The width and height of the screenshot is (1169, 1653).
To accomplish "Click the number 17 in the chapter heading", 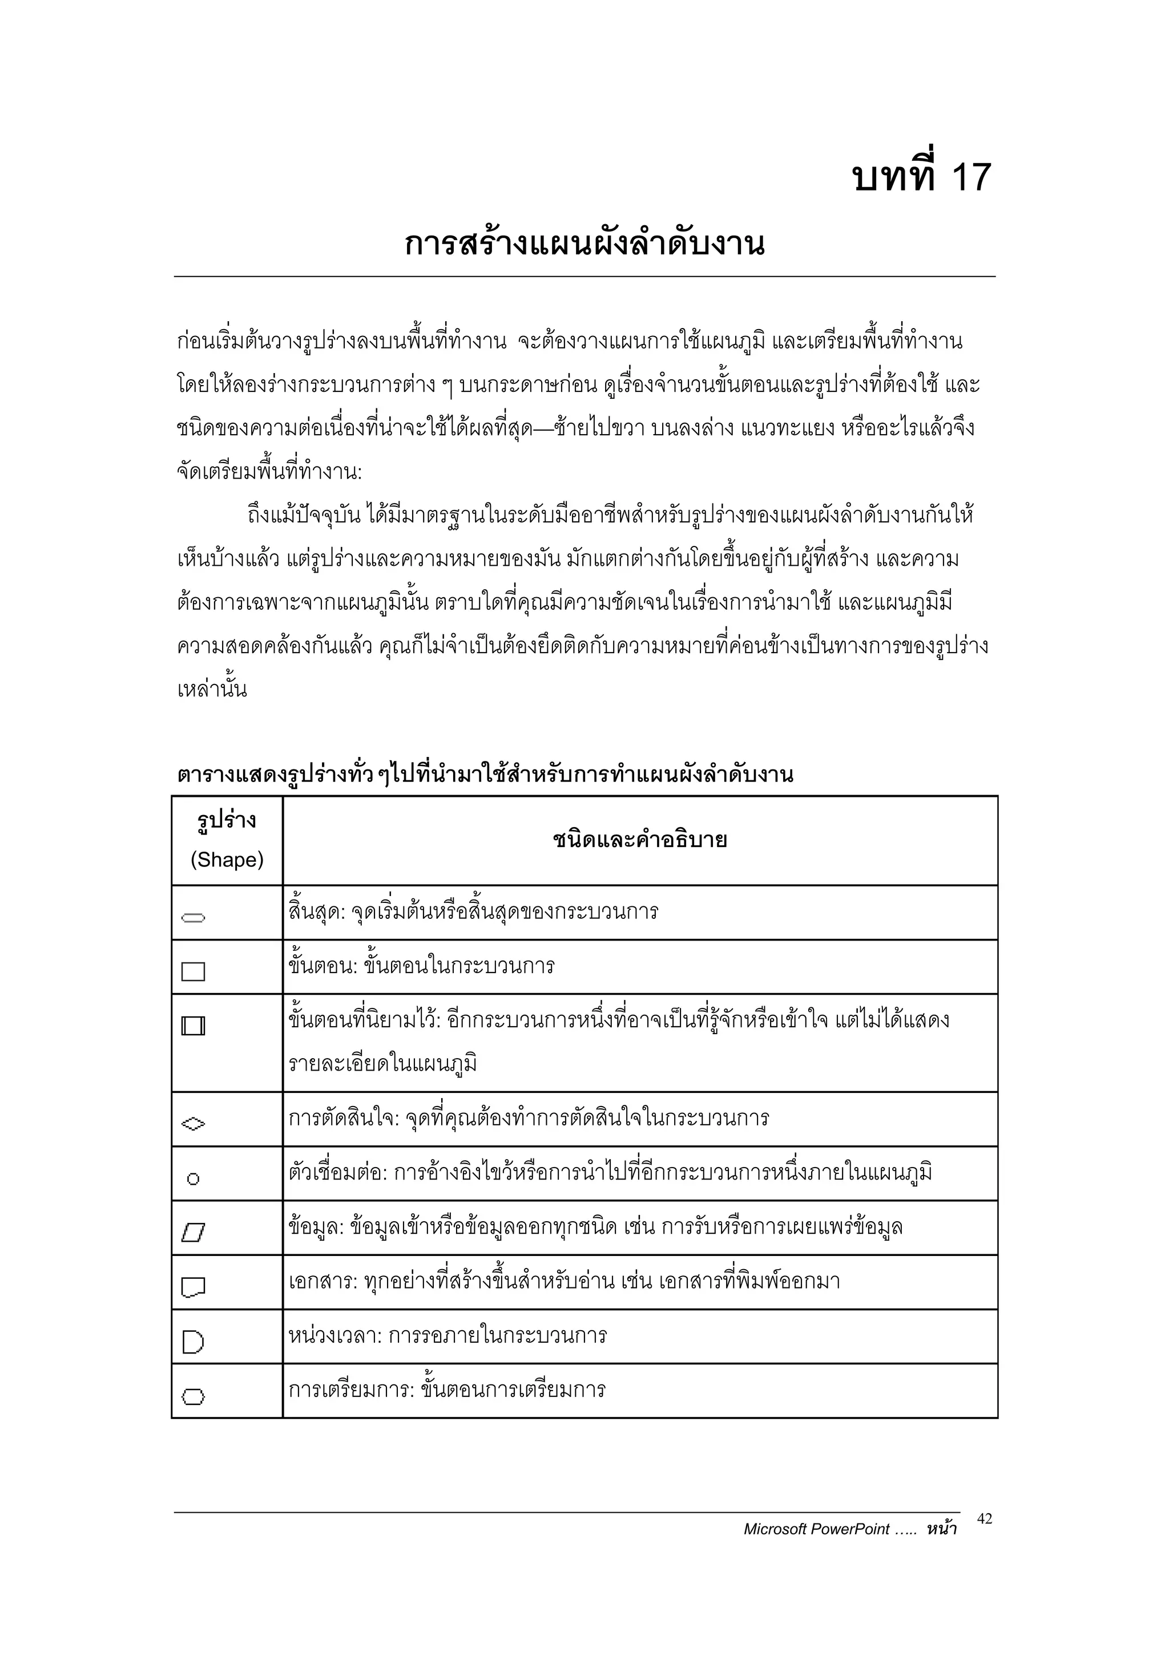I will click(x=971, y=177).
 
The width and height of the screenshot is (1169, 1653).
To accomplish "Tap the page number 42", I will click(x=985, y=1518).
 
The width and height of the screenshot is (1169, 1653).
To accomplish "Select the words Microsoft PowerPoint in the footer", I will click(x=817, y=1529).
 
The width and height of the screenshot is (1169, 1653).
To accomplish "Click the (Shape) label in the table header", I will click(x=227, y=860).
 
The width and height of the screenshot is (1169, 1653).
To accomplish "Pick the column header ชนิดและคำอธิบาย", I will click(x=640, y=840).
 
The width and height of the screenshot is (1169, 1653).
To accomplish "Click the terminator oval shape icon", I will click(x=193, y=918).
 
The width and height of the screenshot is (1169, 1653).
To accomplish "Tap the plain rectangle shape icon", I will click(x=193, y=972).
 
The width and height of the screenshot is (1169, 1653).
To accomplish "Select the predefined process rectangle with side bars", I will click(x=193, y=1026).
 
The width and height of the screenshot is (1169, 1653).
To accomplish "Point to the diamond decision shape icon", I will click(x=193, y=1123).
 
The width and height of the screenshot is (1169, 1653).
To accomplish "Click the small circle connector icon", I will click(x=193, y=1179).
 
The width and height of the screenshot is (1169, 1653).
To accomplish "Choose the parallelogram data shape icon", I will click(x=193, y=1233).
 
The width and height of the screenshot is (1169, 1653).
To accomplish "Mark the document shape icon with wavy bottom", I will click(x=193, y=1287).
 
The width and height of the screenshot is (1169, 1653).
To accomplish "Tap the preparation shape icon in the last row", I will click(x=193, y=1397).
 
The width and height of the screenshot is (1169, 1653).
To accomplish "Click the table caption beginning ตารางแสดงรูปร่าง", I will click(x=485, y=775).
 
